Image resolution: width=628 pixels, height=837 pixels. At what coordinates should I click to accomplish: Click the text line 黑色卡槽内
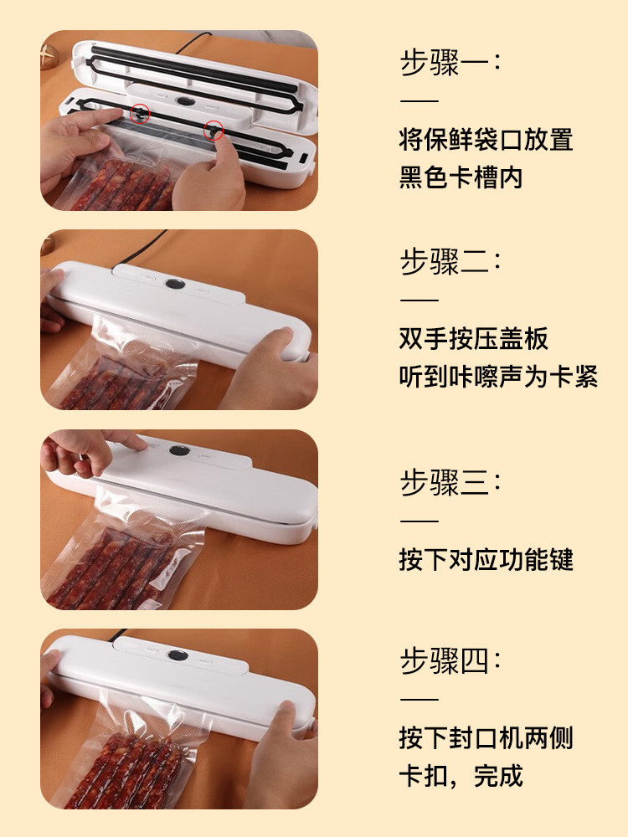coord(461,177)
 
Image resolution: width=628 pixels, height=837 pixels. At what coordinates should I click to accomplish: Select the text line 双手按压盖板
coord(473,338)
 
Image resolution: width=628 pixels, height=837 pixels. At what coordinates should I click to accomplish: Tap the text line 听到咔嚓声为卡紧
coord(498,376)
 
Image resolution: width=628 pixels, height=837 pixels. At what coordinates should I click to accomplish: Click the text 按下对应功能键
coord(486,559)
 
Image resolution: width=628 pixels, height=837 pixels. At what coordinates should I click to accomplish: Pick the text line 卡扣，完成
coord(461,776)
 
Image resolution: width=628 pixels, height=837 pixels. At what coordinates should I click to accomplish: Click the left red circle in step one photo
coord(140,113)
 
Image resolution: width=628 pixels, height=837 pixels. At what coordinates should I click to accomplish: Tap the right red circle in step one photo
coord(214,130)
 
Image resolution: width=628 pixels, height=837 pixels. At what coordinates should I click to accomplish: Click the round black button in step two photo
coord(175,284)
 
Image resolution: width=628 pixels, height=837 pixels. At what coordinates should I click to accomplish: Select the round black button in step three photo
coord(179,450)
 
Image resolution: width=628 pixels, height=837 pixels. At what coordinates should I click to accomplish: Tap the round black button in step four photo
coord(177,655)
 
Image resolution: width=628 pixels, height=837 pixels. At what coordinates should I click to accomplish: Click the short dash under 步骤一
coord(420,100)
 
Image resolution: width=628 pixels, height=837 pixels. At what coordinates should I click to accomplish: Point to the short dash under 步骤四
coord(420,698)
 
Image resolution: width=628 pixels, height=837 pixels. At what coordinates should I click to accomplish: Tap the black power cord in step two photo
coord(140,248)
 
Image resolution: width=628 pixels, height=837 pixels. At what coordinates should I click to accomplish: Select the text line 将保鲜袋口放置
coord(486,139)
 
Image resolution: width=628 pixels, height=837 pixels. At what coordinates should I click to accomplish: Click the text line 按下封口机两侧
coord(486,737)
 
